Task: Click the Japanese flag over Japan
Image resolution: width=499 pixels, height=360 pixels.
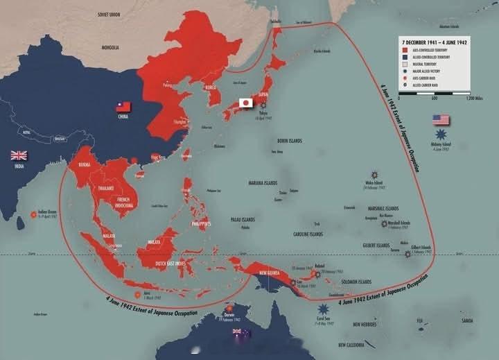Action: coord(245,103)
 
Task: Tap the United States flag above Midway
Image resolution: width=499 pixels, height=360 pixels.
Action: coord(441,120)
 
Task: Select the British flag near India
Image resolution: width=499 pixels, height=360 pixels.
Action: coord(18,155)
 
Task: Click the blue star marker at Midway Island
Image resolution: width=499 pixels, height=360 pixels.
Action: coord(442,133)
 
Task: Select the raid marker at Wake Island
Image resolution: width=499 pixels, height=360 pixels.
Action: coord(374,174)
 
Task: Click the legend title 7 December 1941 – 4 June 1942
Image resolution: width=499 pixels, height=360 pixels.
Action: coord(434,42)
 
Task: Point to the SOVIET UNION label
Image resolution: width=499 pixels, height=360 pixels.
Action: coord(110,13)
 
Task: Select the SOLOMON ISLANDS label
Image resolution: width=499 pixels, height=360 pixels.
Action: coord(356,282)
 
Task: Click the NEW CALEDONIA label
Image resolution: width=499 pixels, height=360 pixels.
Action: coord(355,345)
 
